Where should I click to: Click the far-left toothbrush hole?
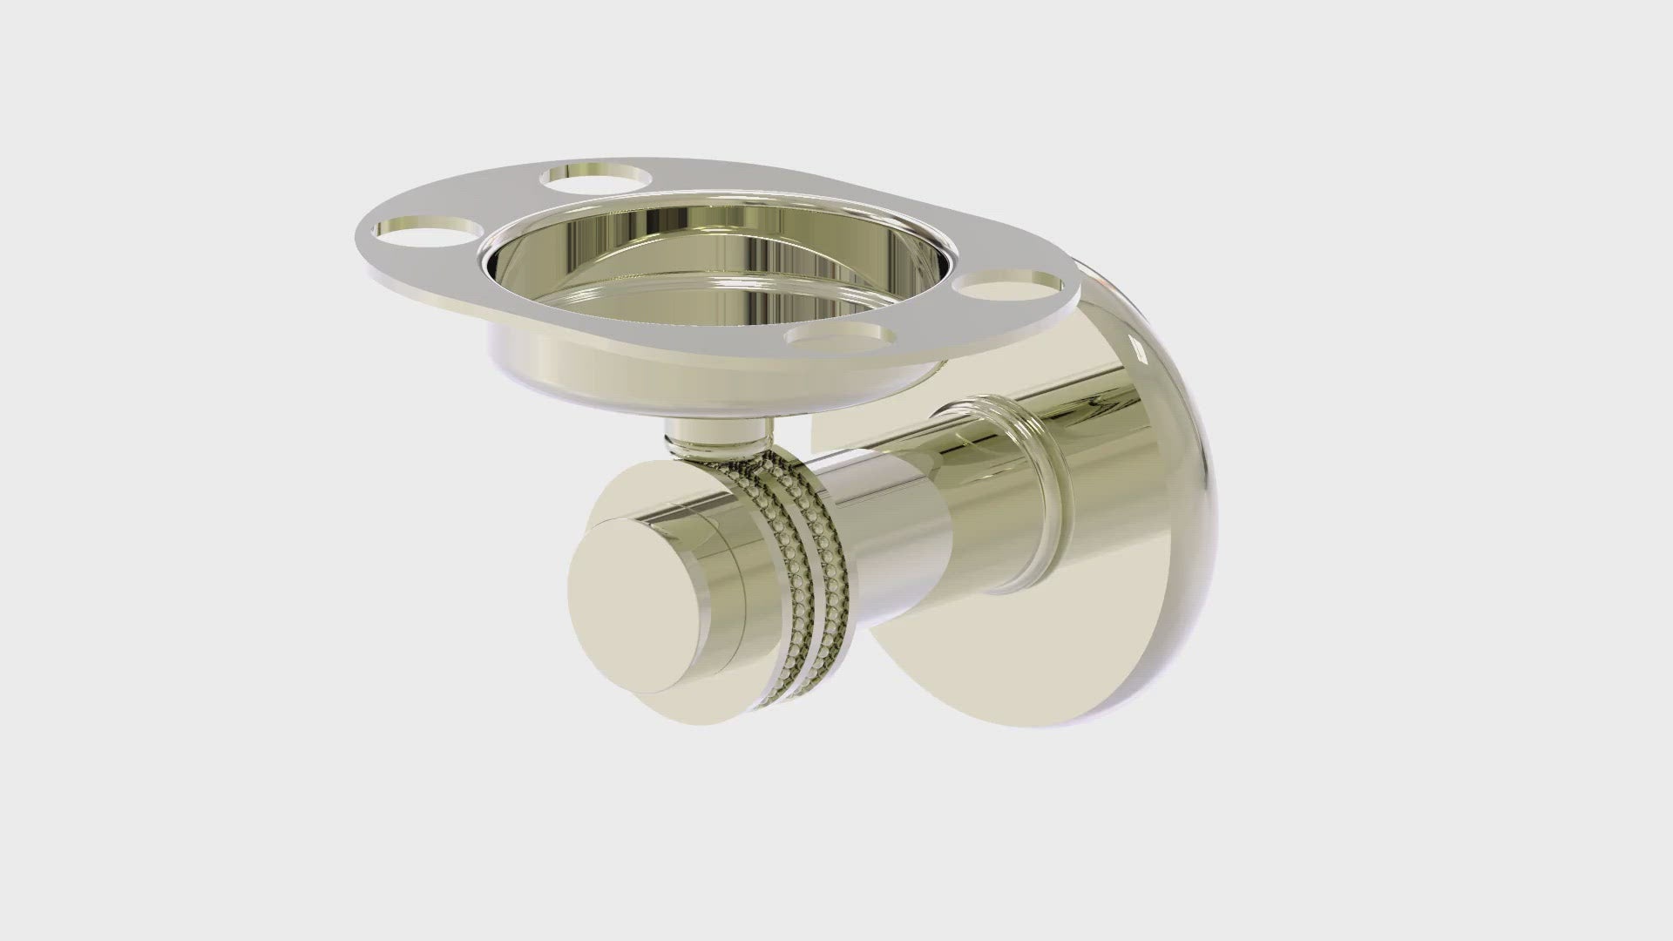(x=426, y=232)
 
